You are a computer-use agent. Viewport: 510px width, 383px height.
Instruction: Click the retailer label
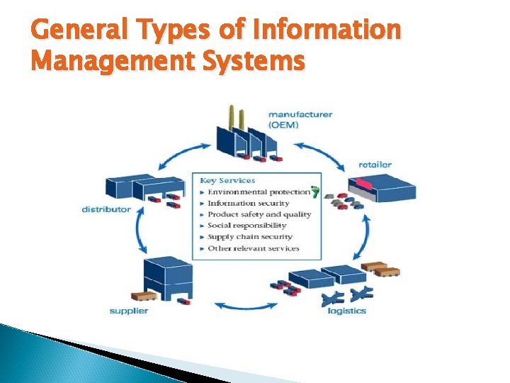(375, 165)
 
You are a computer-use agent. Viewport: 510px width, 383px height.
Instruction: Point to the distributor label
(106, 209)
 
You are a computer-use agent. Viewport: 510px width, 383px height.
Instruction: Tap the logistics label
(347, 311)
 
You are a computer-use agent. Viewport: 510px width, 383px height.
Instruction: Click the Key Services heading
(227, 180)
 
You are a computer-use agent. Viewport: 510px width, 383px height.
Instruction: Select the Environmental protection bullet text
(259, 191)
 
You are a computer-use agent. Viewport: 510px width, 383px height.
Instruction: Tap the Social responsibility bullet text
(246, 226)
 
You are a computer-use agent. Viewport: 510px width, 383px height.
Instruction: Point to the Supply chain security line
(249, 237)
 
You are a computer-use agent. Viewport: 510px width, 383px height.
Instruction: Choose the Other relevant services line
(253, 248)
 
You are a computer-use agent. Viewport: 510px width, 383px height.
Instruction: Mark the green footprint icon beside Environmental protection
(315, 191)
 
